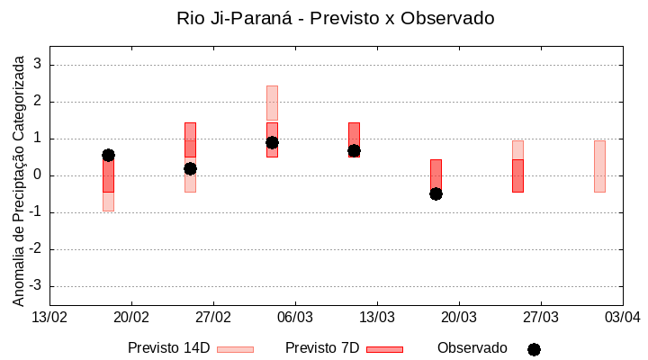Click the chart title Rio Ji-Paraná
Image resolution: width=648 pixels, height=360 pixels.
tap(336, 18)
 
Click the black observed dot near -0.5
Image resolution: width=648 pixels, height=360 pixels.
tap(436, 193)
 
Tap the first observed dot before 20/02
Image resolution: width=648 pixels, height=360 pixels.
tap(108, 155)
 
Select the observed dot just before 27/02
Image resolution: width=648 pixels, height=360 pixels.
tap(190, 168)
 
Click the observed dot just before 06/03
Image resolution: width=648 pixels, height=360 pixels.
tap(272, 142)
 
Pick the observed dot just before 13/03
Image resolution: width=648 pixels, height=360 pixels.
tap(354, 150)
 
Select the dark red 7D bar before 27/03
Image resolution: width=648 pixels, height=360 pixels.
tap(517, 175)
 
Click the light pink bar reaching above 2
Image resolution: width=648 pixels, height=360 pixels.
tap(272, 103)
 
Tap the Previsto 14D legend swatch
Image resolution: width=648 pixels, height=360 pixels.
tap(235, 349)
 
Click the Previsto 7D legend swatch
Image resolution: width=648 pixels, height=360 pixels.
tap(384, 349)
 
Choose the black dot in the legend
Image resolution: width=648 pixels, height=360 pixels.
tap(534, 349)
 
